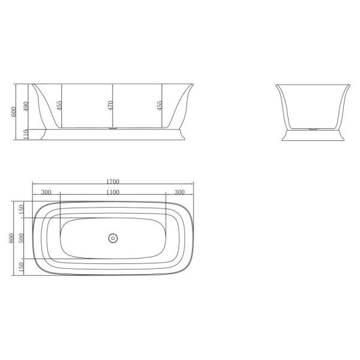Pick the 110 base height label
26,135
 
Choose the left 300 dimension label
46,192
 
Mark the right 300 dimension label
179,192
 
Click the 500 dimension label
22,237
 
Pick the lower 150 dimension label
22,265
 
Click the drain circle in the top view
112,238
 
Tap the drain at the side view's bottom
112,128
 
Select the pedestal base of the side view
112,136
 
